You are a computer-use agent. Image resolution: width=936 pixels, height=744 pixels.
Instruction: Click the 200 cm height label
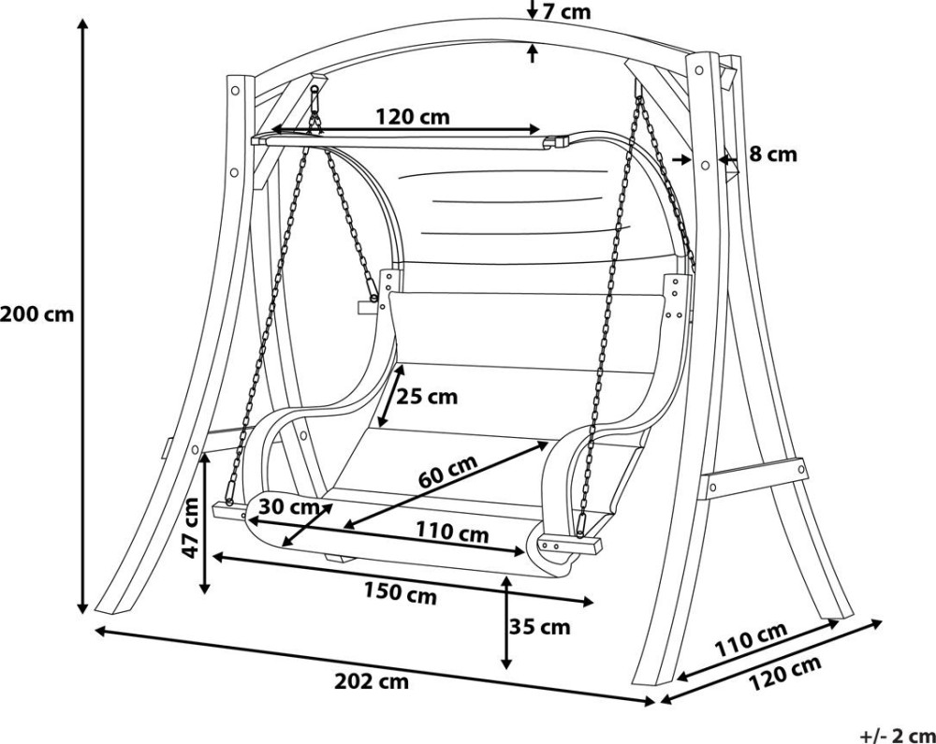[37, 314]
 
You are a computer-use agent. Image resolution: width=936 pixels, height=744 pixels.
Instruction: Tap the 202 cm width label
[372, 680]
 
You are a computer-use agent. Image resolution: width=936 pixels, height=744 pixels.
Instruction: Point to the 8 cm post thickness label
[773, 153]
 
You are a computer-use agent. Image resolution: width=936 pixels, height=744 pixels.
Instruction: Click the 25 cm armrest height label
[428, 396]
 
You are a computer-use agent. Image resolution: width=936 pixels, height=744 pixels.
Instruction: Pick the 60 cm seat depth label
[447, 471]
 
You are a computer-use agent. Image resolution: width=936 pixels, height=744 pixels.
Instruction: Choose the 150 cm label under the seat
[401, 593]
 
